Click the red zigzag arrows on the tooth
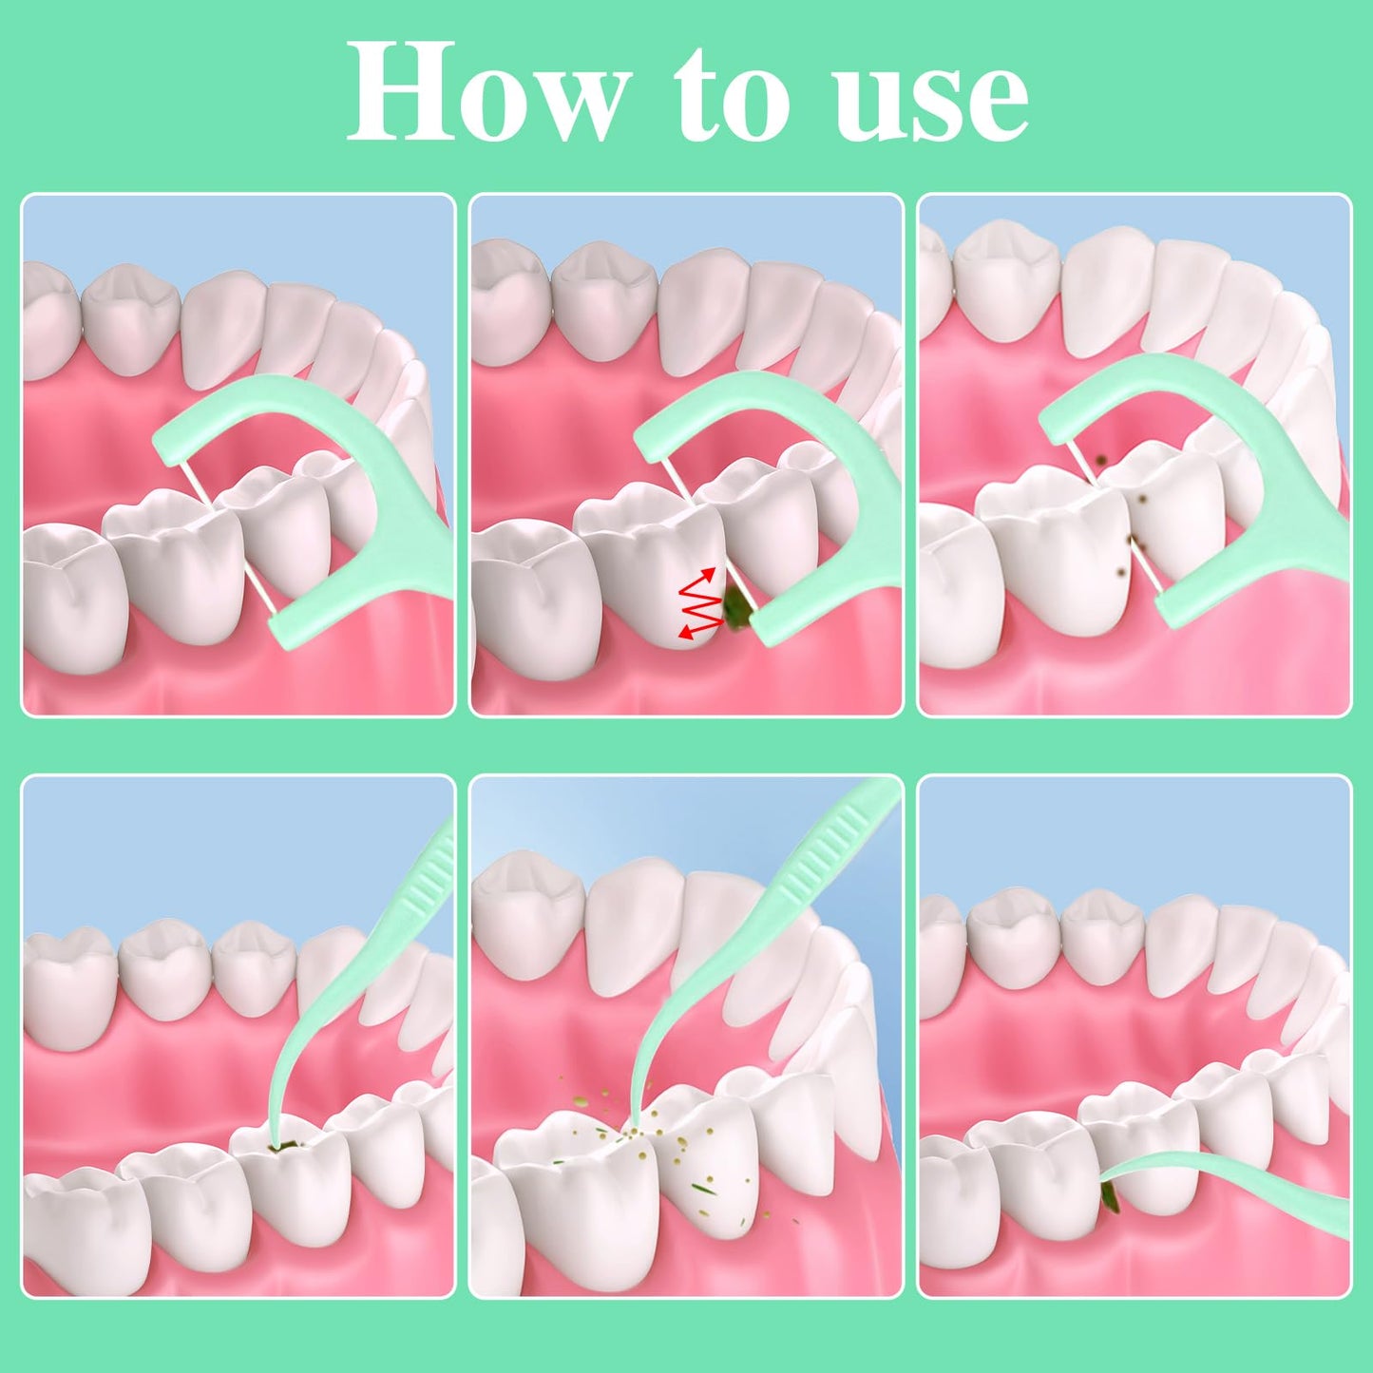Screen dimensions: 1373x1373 pyautogui.click(x=699, y=602)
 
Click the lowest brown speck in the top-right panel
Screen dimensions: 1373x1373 pyautogui.click(x=1122, y=572)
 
